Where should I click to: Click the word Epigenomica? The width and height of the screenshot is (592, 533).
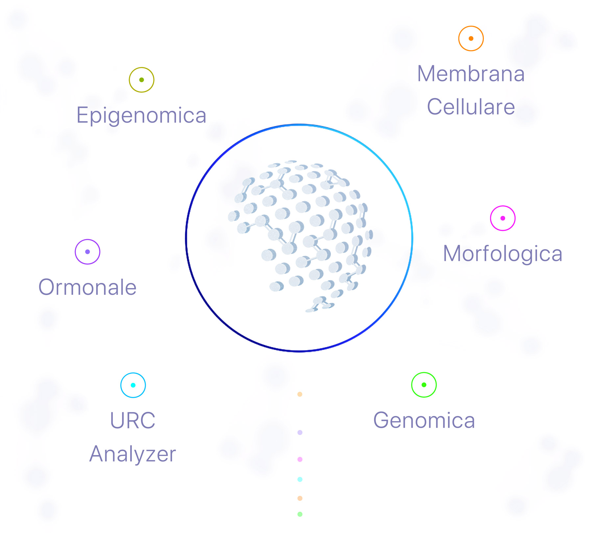click(141, 116)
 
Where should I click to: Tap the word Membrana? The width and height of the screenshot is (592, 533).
click(471, 74)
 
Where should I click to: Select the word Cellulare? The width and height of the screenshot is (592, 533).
click(471, 107)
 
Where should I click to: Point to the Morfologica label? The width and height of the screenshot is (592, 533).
click(503, 254)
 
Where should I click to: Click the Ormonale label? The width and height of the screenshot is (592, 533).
click(87, 287)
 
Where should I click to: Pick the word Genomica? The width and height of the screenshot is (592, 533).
click(424, 420)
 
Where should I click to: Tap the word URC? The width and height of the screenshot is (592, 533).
click(133, 420)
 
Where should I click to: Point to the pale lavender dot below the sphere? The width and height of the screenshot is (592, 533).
click(300, 433)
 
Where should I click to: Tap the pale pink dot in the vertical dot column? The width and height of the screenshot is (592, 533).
click(300, 459)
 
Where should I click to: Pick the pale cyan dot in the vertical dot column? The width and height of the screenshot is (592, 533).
click(300, 479)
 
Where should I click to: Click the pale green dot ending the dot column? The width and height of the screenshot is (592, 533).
click(300, 514)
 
